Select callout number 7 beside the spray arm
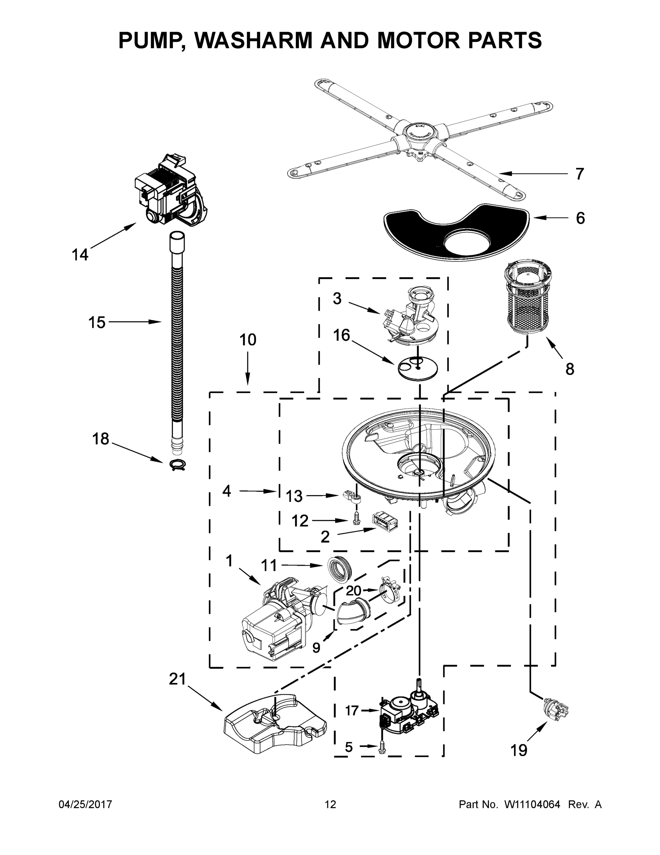(580, 173)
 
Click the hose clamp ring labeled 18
(178, 464)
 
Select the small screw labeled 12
(356, 519)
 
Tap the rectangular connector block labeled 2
(385, 520)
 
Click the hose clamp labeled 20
(390, 595)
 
